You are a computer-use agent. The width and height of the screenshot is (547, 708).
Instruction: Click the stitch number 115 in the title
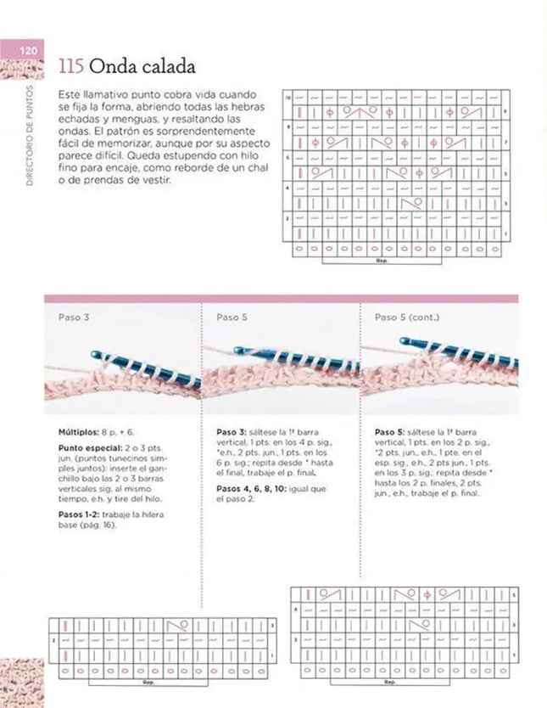click(70, 67)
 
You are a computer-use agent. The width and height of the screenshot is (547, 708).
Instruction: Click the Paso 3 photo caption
click(74, 317)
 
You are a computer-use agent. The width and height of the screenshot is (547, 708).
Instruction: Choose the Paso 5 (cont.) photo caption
click(405, 317)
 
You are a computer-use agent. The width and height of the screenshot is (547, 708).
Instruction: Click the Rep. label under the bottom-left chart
click(148, 681)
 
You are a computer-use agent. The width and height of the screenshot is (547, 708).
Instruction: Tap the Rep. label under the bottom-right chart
click(390, 681)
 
